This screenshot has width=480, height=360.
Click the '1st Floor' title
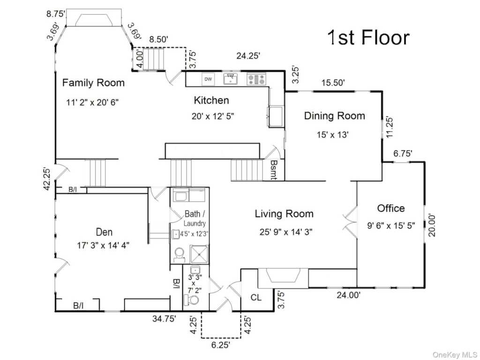pyautogui.click(x=368, y=38)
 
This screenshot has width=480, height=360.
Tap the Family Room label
pyautogui.click(x=93, y=83)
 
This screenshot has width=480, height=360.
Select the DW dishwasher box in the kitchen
pyautogui.click(x=208, y=79)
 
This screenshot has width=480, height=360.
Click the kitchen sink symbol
pyautogui.click(x=230, y=79)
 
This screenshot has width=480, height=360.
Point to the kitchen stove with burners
pyautogui.click(x=256, y=79)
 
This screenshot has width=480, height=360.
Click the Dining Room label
pyautogui.click(x=334, y=116)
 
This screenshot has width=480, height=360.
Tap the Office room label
pyautogui.click(x=390, y=208)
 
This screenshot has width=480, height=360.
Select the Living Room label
pyautogui.click(x=284, y=214)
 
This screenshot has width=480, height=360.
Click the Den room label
pyautogui.click(x=104, y=232)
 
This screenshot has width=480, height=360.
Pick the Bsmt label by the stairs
pyautogui.click(x=273, y=170)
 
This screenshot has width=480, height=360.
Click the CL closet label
pyautogui.click(x=256, y=297)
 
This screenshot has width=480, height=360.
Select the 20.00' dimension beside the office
pyautogui.click(x=432, y=225)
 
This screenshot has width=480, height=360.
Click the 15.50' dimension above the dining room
pyautogui.click(x=333, y=83)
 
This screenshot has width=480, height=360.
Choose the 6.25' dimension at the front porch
pyautogui.click(x=220, y=346)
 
